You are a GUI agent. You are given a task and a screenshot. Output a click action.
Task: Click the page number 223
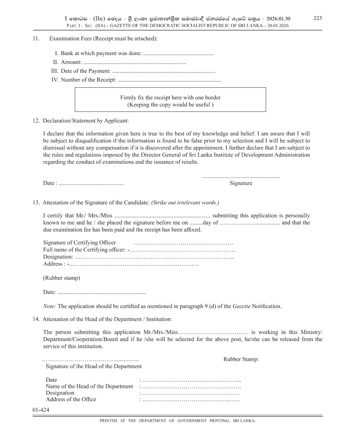[x=317, y=18]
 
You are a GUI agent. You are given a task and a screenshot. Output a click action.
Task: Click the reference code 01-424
[x=41, y=410]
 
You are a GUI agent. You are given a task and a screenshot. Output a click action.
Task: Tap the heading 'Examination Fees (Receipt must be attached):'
[x=103, y=38]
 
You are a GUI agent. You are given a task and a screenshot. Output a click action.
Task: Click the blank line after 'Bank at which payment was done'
[x=178, y=54]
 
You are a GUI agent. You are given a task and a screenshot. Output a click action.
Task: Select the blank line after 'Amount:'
[x=135, y=62]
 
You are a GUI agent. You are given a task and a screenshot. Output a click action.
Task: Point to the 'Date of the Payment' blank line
[x=163, y=71]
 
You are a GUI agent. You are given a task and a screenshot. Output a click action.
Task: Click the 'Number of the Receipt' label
[x=88, y=80]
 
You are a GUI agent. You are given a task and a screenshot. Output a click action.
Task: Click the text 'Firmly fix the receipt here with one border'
[x=170, y=97]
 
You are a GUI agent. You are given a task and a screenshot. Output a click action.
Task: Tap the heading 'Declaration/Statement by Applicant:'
[x=86, y=121]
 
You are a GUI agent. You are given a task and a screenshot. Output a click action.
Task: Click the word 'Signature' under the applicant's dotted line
[x=241, y=183]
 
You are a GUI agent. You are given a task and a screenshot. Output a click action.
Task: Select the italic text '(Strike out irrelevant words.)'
[x=185, y=202]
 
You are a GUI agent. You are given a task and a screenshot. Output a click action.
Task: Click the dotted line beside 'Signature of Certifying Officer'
[x=183, y=243]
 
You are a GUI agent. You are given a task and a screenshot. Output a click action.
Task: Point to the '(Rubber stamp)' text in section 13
[x=62, y=278]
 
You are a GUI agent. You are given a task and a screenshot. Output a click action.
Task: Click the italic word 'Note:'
[x=49, y=306]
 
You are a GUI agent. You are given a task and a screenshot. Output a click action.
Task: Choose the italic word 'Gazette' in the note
[x=241, y=306]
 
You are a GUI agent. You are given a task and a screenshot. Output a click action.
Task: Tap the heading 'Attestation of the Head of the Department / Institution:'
[x=107, y=319]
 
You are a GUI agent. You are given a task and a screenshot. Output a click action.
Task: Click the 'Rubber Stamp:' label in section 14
[x=241, y=359]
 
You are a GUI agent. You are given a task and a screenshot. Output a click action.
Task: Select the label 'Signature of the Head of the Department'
[x=93, y=366]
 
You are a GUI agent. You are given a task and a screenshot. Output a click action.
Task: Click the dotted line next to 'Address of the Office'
[x=191, y=400]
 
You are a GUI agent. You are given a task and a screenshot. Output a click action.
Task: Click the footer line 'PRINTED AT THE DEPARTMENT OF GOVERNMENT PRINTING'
[x=178, y=421]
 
